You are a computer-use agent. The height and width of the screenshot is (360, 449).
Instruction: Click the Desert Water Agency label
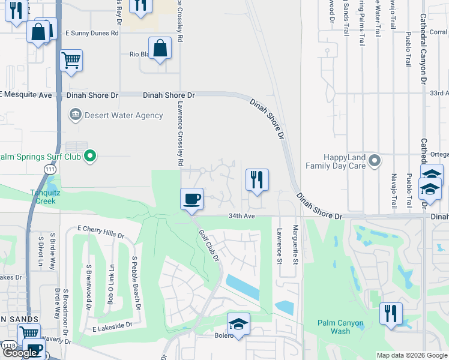124,115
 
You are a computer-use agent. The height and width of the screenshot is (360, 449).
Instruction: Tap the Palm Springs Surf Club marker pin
90,157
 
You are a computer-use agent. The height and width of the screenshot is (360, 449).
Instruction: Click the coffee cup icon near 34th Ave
191,198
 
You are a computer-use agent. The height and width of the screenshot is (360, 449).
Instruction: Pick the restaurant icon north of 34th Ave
257,179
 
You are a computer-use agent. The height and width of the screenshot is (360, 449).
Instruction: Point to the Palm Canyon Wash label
341,327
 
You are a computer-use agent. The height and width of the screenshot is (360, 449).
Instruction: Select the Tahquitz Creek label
43,197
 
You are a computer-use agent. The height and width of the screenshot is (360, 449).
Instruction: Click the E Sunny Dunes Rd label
91,34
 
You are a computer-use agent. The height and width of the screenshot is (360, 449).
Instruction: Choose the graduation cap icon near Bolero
238,323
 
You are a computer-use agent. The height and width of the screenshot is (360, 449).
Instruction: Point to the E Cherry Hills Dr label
101,232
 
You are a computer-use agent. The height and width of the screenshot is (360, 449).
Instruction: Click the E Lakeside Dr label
112,327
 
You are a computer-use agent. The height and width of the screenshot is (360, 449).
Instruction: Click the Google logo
20,353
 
